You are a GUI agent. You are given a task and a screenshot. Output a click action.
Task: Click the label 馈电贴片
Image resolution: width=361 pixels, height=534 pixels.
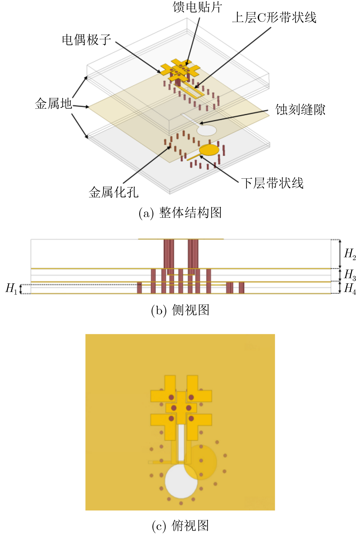click(197, 7)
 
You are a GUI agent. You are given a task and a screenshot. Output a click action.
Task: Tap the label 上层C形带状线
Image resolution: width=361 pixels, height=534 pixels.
click(274, 18)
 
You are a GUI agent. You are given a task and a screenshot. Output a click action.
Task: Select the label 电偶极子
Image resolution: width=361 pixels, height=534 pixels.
click(87, 40)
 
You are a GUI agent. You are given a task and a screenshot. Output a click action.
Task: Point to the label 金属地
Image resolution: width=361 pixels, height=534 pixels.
click(53, 103)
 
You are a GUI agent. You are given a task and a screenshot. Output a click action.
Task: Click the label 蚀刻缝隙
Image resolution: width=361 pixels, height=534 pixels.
click(300, 110)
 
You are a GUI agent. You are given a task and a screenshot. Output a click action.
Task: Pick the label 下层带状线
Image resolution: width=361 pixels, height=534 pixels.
click(272, 183)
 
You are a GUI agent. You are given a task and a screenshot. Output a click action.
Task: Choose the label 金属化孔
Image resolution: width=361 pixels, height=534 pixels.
click(114, 192)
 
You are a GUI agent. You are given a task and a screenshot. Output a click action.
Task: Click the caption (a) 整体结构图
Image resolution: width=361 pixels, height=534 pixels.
click(180, 213)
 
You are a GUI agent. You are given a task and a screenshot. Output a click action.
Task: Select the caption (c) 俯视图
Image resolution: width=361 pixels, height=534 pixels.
click(180, 526)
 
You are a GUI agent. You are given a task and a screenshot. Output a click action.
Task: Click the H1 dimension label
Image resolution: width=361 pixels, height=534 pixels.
click(11, 288)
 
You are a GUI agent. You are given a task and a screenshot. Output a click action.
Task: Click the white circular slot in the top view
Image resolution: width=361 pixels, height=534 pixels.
click(181, 481)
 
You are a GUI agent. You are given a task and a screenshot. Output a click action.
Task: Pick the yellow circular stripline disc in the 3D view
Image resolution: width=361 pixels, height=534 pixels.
click(209, 150)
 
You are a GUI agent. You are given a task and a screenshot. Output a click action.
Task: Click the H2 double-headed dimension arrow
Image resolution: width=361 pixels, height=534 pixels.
click(340, 254)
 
